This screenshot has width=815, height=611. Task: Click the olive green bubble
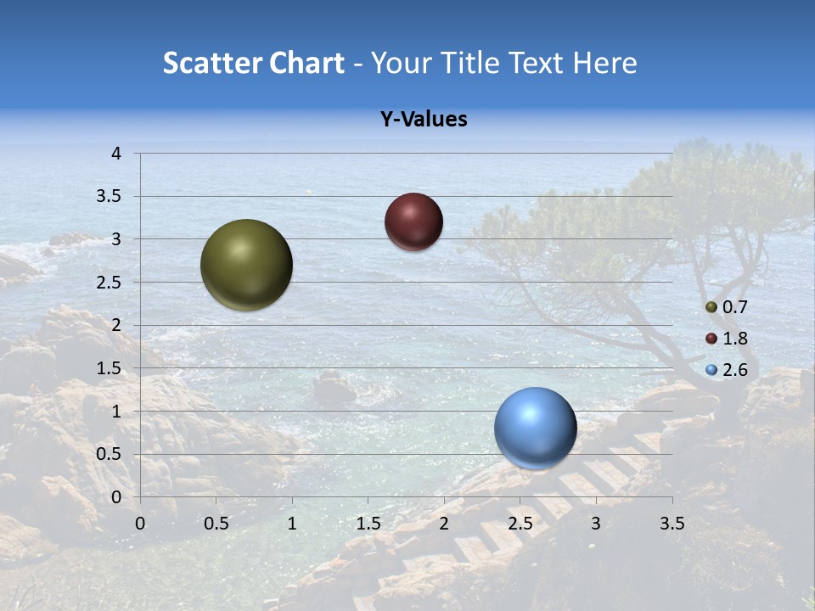[x=246, y=265]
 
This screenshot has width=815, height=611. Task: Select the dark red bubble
[x=413, y=221]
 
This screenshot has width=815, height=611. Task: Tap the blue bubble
[x=535, y=428]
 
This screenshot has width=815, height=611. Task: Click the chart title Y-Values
[x=423, y=120]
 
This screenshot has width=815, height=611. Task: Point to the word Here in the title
[x=604, y=63]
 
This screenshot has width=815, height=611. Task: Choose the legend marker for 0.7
[x=711, y=307]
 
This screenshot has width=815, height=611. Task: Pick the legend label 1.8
[x=734, y=339]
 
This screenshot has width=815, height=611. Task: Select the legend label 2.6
[x=734, y=370]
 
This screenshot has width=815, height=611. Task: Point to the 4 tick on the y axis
[x=117, y=154]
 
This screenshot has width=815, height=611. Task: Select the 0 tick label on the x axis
[x=140, y=524]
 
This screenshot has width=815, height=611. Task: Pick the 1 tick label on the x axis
[x=292, y=524]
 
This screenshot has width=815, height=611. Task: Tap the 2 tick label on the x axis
[x=444, y=524]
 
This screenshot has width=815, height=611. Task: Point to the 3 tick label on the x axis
[x=596, y=524]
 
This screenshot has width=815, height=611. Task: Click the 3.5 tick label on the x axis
[x=672, y=524]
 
